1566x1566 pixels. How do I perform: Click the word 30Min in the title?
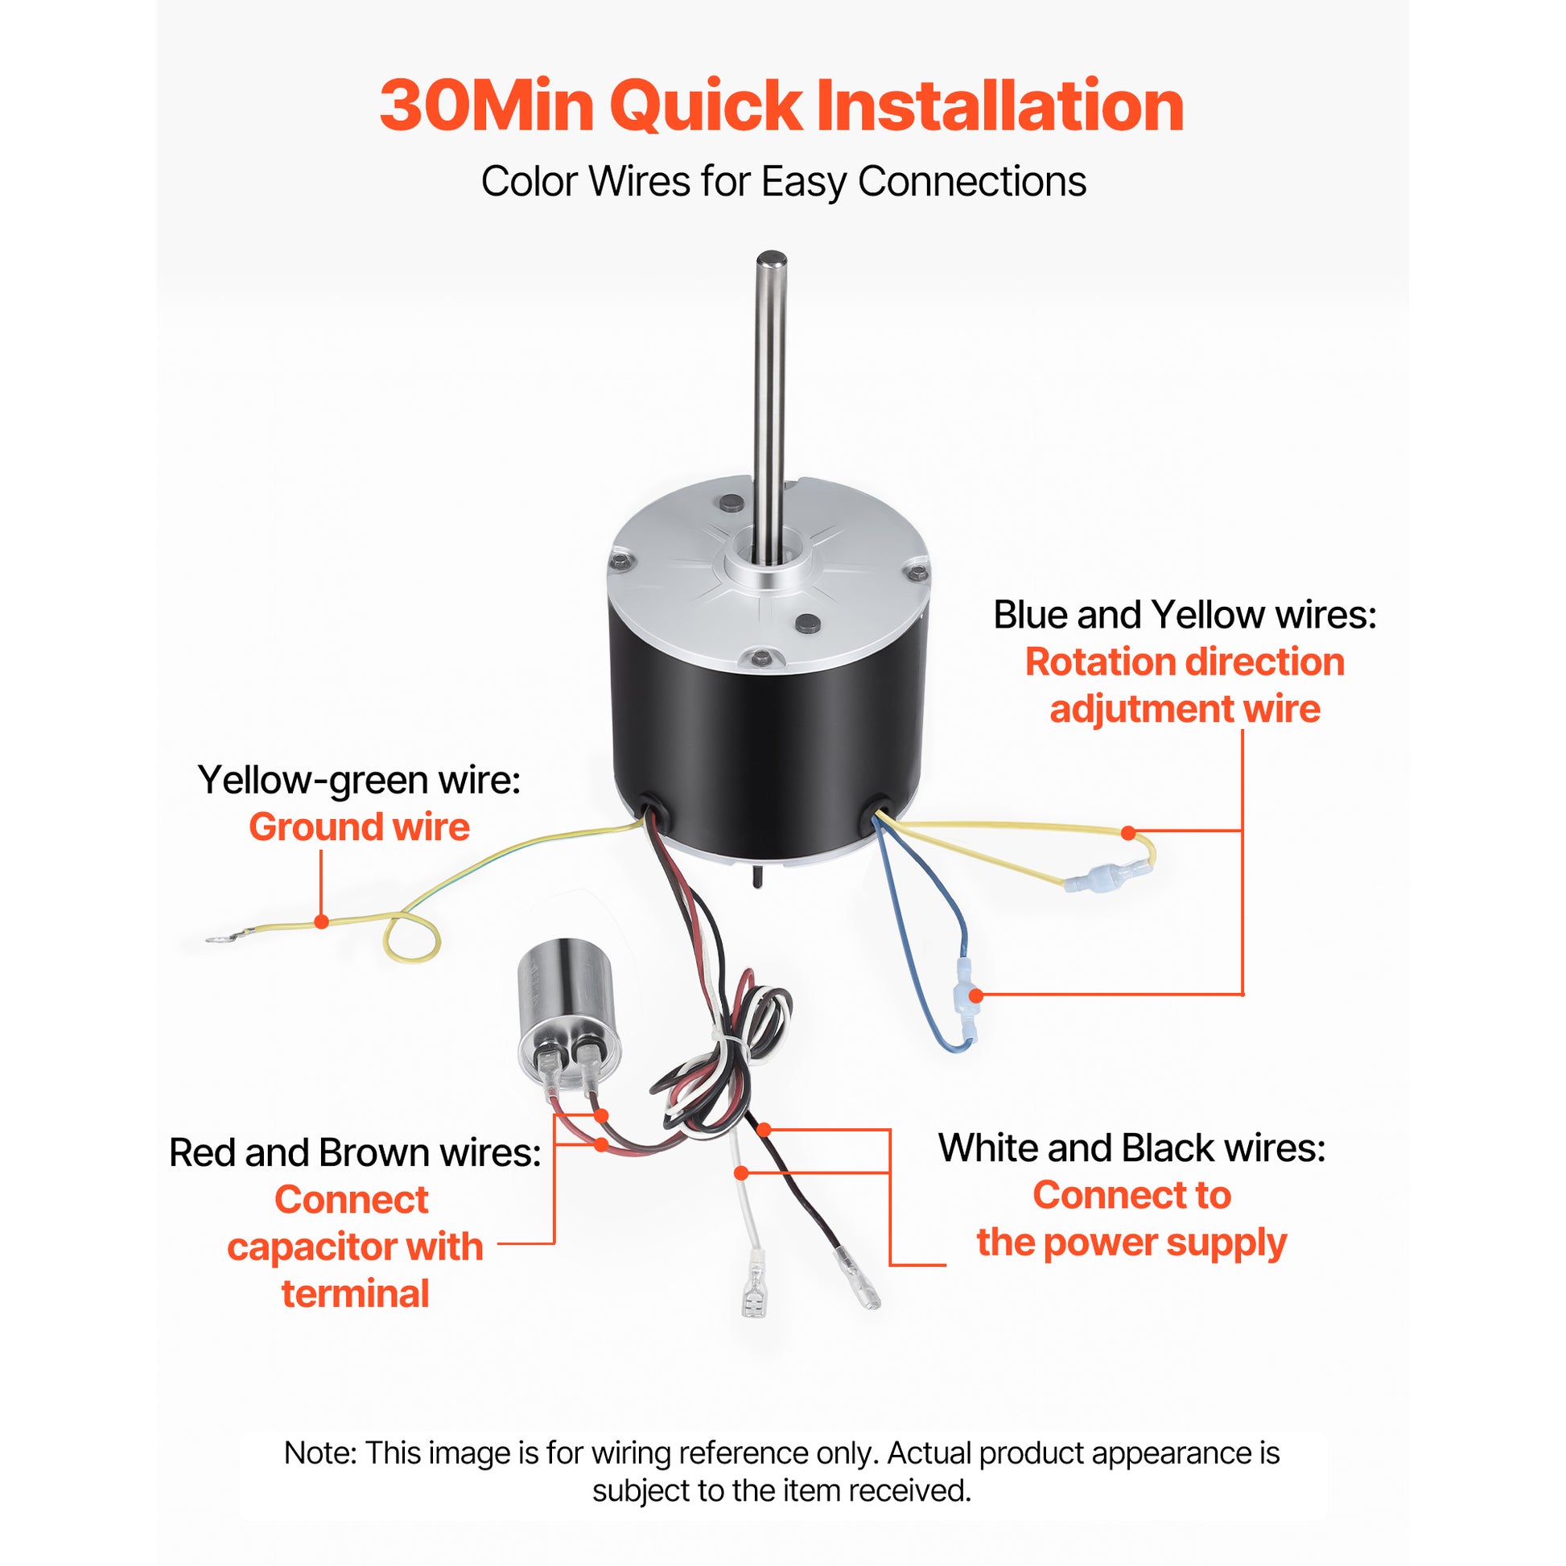coord(486,106)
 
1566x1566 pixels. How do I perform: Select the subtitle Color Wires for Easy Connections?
coord(783,182)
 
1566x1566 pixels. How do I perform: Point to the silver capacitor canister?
coord(568,1008)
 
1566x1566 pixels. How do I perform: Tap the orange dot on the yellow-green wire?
coord(322,921)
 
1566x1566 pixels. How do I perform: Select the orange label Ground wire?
coord(359,826)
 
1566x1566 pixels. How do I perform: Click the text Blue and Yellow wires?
coord(1185,614)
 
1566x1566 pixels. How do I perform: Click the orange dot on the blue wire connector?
coord(976,995)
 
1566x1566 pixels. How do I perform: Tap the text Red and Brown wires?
coord(355,1152)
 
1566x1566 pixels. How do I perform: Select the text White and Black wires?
coord(1131,1148)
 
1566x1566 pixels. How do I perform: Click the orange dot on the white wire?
coord(741,1172)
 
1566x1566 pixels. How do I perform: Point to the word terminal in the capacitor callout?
coord(355,1294)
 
